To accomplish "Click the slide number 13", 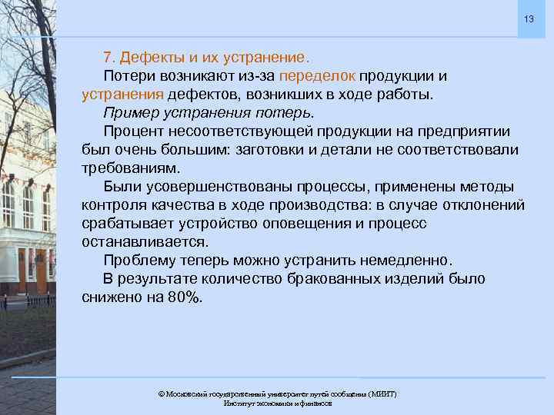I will click(528, 18).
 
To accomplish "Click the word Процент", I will click(135, 131).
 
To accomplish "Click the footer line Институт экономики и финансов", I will click(277, 403).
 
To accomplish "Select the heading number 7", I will click(108, 58).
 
